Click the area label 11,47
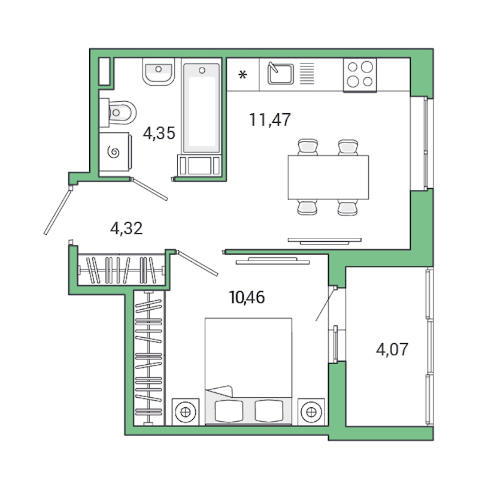(x=270, y=120)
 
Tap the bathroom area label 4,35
(x=159, y=133)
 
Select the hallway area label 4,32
(x=126, y=228)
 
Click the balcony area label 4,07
(x=392, y=349)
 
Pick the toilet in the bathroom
(x=122, y=111)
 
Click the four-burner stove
(x=360, y=75)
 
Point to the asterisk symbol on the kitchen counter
(x=242, y=75)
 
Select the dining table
(x=328, y=177)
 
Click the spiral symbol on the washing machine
(x=114, y=153)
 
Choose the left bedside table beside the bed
(x=186, y=412)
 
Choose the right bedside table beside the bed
(x=310, y=412)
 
